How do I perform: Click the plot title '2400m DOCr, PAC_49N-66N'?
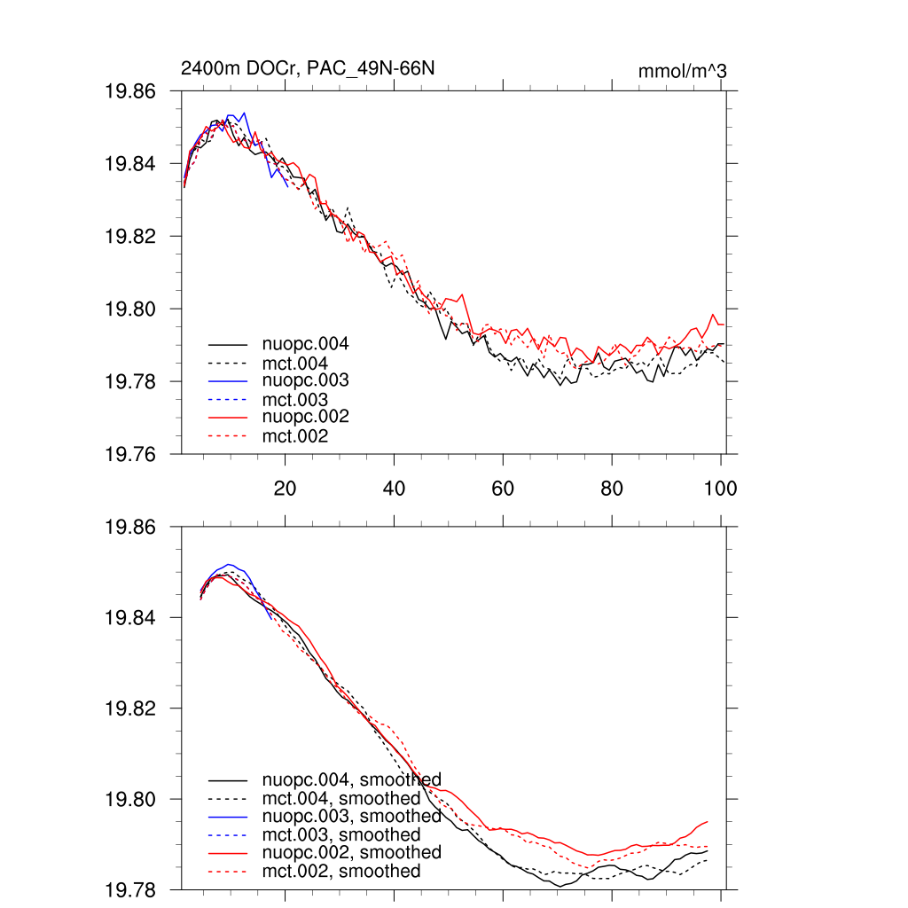pos(308,68)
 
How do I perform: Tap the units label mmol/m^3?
pos(682,71)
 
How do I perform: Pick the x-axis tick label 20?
pos(285,489)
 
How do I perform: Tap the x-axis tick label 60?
pos(503,489)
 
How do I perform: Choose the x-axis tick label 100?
pos(720,489)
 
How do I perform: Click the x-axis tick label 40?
pos(394,489)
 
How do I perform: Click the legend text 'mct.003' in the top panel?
pos(295,400)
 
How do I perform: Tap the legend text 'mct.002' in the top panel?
pos(295,436)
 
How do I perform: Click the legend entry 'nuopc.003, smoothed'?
pos(351,816)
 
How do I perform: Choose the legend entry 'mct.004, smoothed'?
pos(341,798)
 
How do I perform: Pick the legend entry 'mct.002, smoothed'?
pos(341,872)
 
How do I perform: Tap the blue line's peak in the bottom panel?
pos(230,564)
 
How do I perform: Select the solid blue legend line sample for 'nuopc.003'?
pos(227,380)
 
